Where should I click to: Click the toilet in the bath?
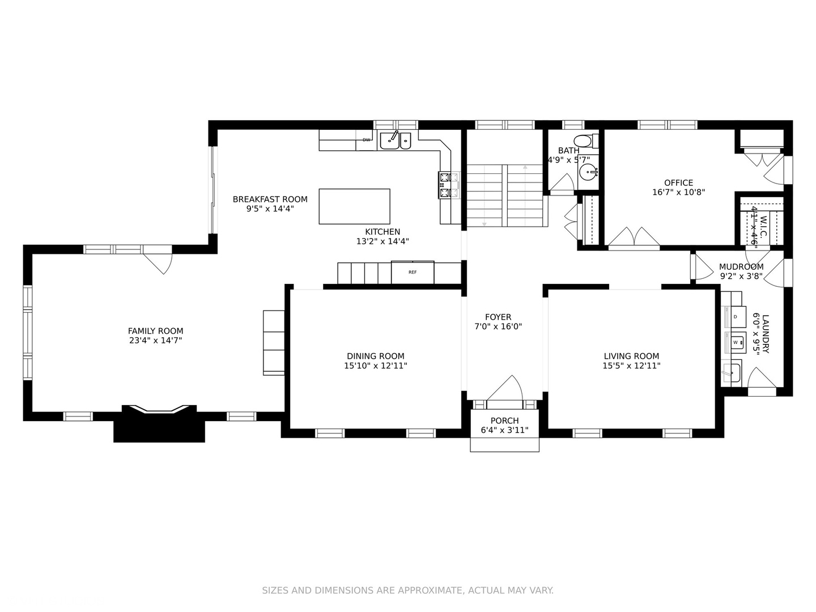(x=583, y=141)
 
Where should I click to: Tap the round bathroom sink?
(x=589, y=171)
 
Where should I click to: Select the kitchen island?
(x=354, y=206)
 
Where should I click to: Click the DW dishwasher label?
(x=366, y=140)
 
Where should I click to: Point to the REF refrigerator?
(x=413, y=273)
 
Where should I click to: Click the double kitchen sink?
(x=396, y=140)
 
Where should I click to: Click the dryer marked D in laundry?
(x=734, y=317)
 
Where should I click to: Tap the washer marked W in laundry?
(x=735, y=342)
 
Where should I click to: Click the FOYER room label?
(x=498, y=317)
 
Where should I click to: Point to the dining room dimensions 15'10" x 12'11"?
(x=375, y=366)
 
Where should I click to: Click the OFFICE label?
(x=678, y=183)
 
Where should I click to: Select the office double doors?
(x=634, y=238)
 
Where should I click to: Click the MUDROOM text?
(x=741, y=267)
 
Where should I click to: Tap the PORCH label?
(x=504, y=421)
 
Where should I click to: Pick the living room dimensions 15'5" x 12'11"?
(x=631, y=366)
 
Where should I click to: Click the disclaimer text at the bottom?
(x=407, y=590)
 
